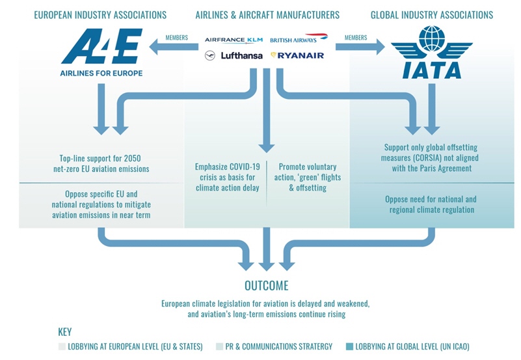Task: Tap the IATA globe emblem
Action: (432, 39)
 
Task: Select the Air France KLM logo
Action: (234, 40)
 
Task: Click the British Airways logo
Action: (299, 38)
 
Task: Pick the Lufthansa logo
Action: (234, 55)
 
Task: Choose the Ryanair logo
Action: (297, 55)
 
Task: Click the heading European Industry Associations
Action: (100, 15)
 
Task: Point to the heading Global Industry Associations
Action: (432, 15)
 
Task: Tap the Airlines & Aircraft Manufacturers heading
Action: (267, 15)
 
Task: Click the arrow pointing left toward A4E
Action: (174, 46)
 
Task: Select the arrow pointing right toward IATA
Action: (360, 46)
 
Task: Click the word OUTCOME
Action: (267, 286)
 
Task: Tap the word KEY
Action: (65, 332)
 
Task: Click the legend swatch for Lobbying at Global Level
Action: (349, 347)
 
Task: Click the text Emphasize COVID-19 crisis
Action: (227, 172)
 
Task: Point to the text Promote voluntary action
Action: (308, 172)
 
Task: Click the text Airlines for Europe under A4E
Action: (101, 73)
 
